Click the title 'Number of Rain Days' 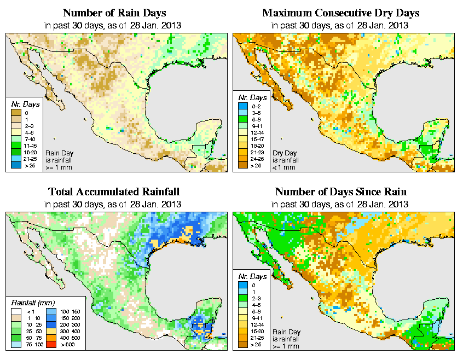click(114, 13)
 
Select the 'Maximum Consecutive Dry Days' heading click(341, 13)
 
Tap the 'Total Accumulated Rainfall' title click(114, 192)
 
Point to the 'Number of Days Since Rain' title click(341, 192)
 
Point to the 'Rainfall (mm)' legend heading click(32, 303)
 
